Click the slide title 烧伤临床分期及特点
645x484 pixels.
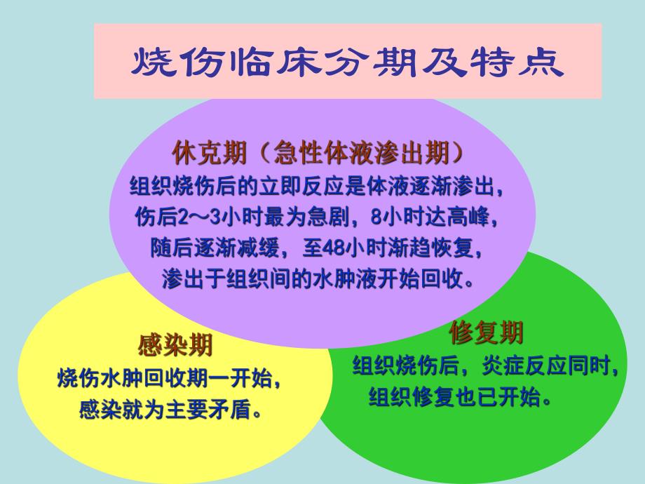348,62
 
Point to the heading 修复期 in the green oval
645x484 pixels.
486,332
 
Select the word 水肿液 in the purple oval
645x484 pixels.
355,279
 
